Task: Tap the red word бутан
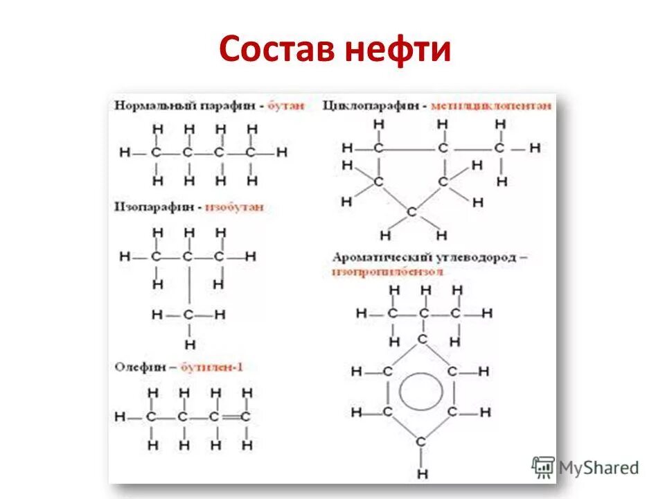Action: [285, 106]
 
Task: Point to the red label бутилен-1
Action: [212, 367]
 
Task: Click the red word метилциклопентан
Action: [491, 105]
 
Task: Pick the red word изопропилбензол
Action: [387, 271]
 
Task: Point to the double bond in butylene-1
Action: [230, 417]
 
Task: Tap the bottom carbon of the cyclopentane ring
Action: [411, 212]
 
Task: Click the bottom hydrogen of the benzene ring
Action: [423, 474]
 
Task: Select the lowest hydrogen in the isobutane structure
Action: [189, 344]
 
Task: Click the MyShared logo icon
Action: [544, 468]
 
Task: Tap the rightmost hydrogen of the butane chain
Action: [281, 152]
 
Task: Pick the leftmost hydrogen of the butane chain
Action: [124, 152]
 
